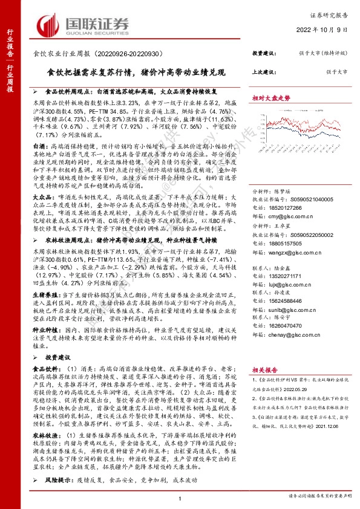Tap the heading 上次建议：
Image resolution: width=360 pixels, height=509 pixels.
265,72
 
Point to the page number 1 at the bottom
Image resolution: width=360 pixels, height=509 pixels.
180,498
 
